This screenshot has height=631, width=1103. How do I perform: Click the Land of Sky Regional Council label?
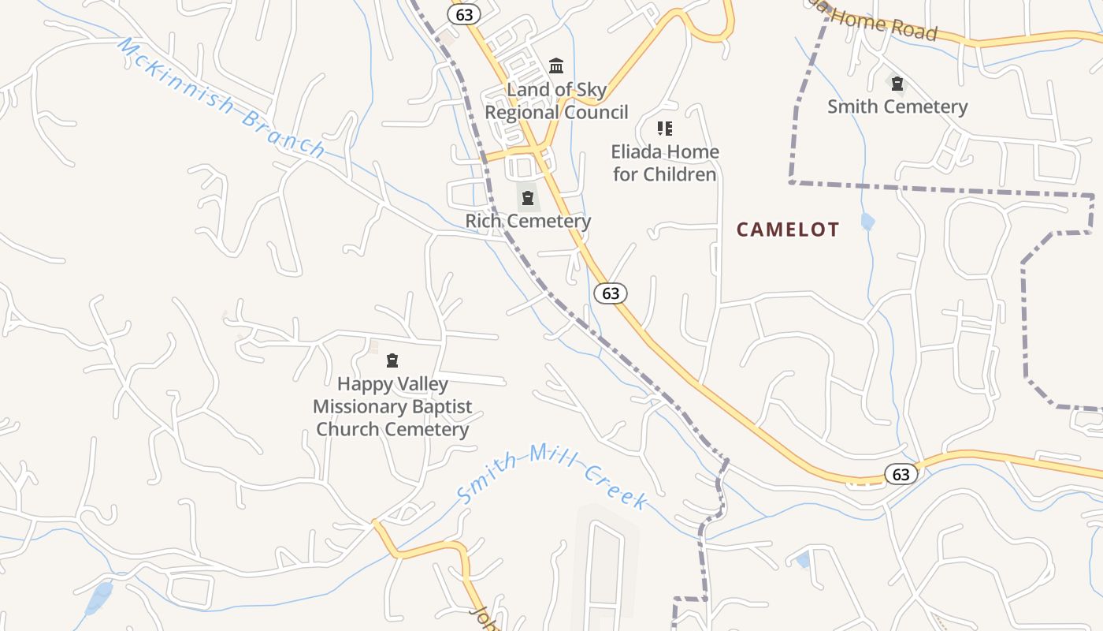coord(556,101)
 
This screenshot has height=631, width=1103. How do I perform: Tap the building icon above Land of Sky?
coord(556,65)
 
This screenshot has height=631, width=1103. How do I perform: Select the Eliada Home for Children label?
coord(665,162)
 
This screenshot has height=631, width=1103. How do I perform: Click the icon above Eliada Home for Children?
coord(665,128)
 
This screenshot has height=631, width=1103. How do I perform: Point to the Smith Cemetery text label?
coord(897,106)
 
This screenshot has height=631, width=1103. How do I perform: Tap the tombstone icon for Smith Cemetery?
coord(897,83)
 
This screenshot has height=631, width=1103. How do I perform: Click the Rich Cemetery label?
coord(528,221)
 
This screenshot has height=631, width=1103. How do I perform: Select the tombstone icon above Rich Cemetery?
coord(528,197)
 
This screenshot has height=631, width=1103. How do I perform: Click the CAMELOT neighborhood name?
coord(788,230)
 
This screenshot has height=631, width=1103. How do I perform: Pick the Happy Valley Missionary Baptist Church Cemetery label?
coord(392,407)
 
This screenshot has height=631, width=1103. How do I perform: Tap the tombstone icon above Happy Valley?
coord(392,361)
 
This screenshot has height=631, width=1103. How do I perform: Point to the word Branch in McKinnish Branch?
coord(284,134)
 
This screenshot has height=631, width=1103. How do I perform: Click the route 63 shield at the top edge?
coord(464,14)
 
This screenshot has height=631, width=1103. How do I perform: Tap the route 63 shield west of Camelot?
coord(611,293)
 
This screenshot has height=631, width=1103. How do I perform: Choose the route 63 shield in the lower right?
coord(901,474)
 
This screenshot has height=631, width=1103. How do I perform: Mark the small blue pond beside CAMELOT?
coord(867,222)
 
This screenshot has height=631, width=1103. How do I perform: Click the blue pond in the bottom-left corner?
coord(99,598)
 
